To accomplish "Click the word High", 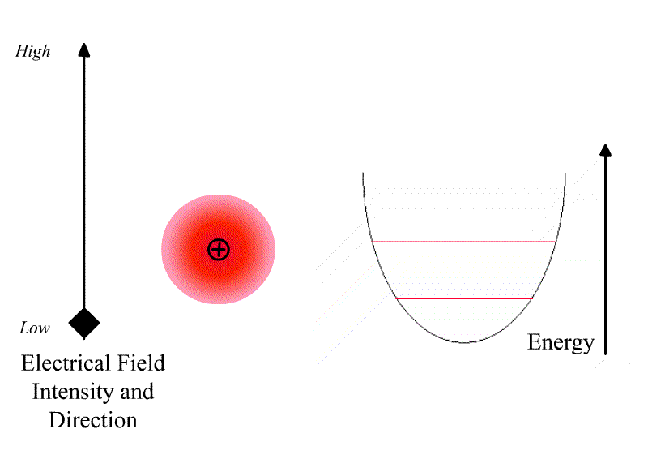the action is pyautogui.click(x=33, y=52).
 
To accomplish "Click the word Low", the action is pyautogui.click(x=35, y=328).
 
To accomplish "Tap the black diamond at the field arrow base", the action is pyautogui.click(x=84, y=324).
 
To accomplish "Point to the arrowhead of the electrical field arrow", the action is pyautogui.click(x=84, y=49).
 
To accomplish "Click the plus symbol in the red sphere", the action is pyautogui.click(x=218, y=250).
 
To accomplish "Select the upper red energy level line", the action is pyautogui.click(x=463, y=242).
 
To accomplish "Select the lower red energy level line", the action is pyautogui.click(x=464, y=298).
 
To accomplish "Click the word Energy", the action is pyautogui.click(x=561, y=342).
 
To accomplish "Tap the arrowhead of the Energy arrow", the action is pyautogui.click(x=605, y=150).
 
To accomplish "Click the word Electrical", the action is pyautogui.click(x=66, y=363).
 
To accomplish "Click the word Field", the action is pyautogui.click(x=141, y=363).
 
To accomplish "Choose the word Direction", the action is pyautogui.click(x=93, y=420).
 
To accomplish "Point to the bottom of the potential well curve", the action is pyautogui.click(x=464, y=342).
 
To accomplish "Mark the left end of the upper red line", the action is pyautogui.click(x=372, y=242).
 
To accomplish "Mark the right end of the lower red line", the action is pyautogui.click(x=533, y=298).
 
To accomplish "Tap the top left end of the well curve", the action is pyautogui.click(x=363, y=173).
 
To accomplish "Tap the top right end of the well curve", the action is pyautogui.click(x=565, y=173).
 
